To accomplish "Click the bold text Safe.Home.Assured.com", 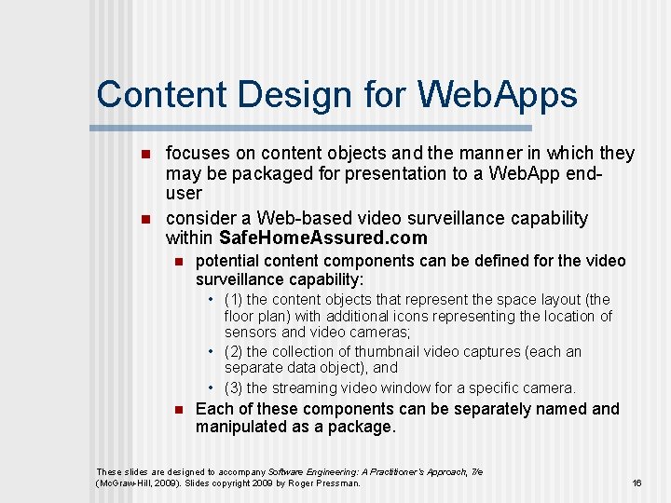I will pos(322,238).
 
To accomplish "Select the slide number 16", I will pos(637,483).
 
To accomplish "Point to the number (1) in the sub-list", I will pos(233,300).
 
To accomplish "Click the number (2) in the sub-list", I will pos(233,352).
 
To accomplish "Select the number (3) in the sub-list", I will pos(233,388).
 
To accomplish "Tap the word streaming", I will pos(306,388).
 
